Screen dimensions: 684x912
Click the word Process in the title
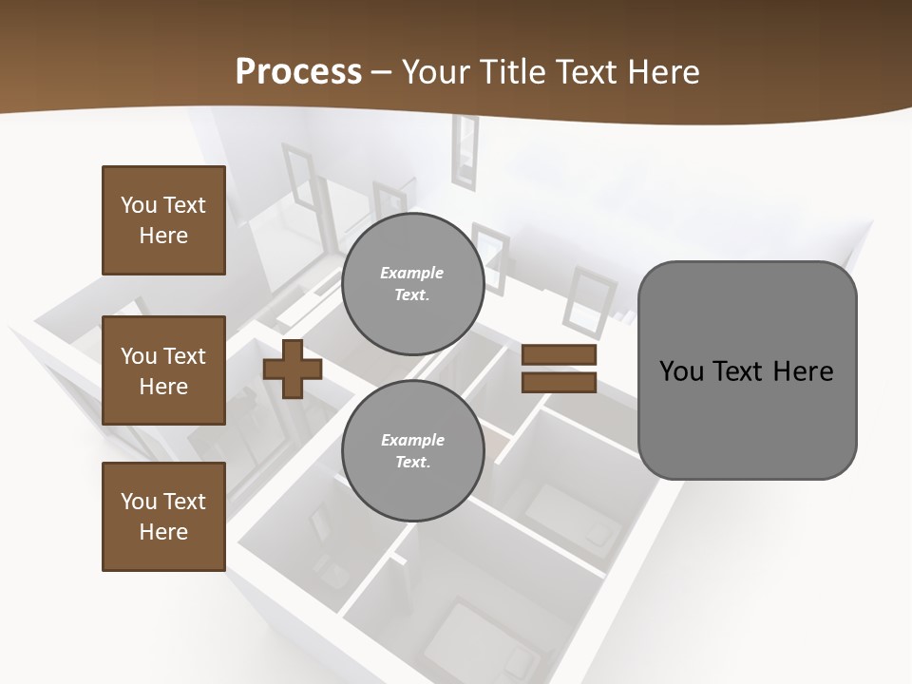(298, 71)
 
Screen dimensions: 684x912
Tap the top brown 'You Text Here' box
(163, 220)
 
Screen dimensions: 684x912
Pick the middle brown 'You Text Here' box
(163, 370)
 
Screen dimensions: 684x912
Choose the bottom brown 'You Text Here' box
(163, 517)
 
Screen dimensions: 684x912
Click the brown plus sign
(292, 369)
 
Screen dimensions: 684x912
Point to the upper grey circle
(412, 284)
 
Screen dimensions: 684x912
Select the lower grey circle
(412, 450)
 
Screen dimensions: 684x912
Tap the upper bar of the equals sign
(559, 354)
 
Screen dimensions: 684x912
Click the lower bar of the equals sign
(559, 383)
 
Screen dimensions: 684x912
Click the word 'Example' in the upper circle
(412, 273)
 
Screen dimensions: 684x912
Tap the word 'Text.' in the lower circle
(412, 462)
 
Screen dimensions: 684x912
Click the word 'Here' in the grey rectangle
(803, 370)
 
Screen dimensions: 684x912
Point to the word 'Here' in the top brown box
(163, 236)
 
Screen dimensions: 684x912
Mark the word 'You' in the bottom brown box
(139, 502)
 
